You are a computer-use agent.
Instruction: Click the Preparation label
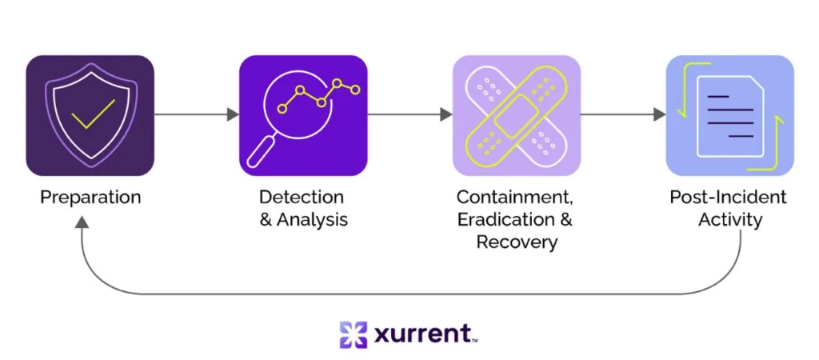click(90, 197)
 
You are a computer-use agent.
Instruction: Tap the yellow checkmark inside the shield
click(93, 114)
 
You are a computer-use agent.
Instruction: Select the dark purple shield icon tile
click(90, 115)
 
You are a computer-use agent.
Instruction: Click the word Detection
click(302, 197)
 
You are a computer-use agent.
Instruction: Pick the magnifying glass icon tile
click(303, 115)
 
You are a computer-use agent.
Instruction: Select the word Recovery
click(516, 242)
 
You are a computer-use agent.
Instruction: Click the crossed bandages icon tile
click(516, 115)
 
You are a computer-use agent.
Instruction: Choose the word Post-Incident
click(728, 197)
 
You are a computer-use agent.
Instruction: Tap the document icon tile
click(729, 115)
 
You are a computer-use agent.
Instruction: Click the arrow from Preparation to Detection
click(196, 114)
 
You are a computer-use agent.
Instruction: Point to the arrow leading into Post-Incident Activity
click(622, 114)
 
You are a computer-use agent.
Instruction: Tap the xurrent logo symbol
click(353, 334)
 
